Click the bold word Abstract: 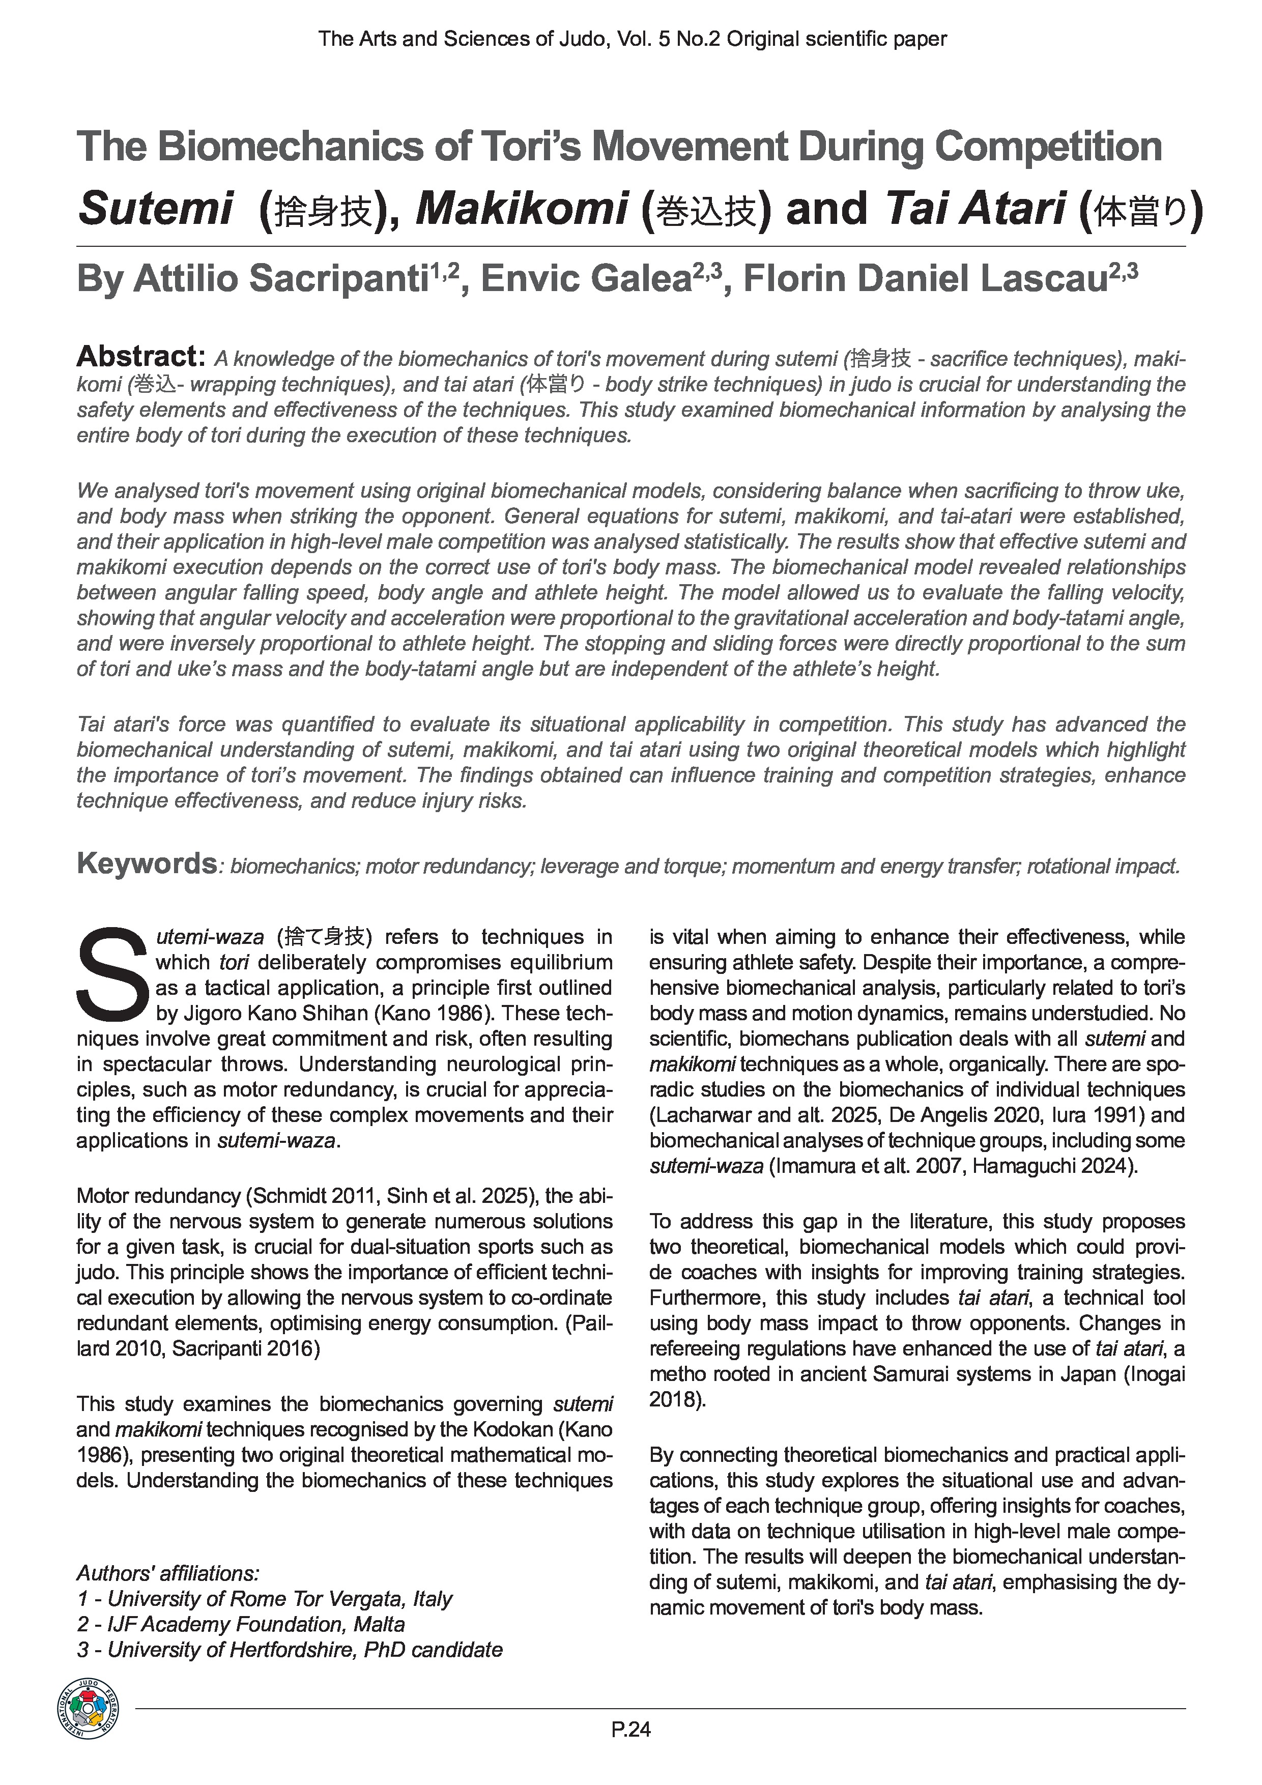coord(140,357)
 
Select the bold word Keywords coord(146,863)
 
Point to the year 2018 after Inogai coord(673,1399)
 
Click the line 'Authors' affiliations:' coord(167,1573)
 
